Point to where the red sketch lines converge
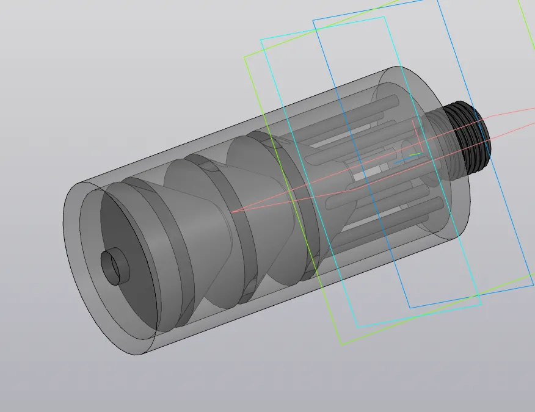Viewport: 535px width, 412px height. pos(232,212)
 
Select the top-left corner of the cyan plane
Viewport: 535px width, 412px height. pos(261,40)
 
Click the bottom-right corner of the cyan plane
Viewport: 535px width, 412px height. pos(481,304)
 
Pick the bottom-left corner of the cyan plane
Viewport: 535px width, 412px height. pos(358,327)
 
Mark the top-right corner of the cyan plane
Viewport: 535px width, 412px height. pos(385,17)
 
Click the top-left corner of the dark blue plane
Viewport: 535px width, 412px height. pos(313,20)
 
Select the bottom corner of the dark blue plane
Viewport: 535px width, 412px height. pos(409,308)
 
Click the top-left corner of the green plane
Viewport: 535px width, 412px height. pos(245,57)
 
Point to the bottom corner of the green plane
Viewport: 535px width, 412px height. pos(341,344)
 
